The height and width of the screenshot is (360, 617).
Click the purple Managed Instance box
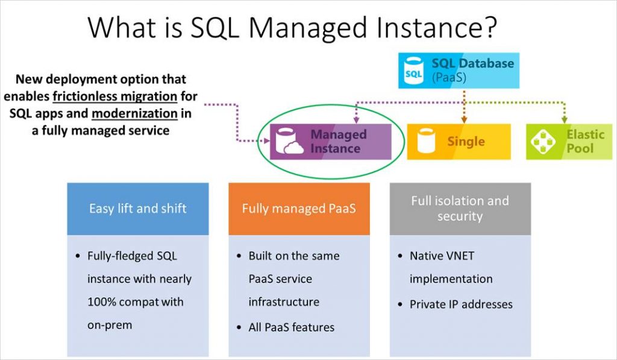coord(330,142)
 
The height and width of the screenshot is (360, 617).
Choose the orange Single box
coord(459,142)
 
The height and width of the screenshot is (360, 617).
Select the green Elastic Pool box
coord(569,142)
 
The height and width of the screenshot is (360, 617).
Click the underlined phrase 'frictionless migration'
coord(115,96)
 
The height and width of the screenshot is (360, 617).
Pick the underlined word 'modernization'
coord(134,114)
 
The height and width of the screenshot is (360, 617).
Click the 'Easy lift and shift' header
coord(138,209)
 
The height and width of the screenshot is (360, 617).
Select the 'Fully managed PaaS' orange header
coord(299,209)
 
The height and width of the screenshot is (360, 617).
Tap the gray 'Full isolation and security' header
coord(460,208)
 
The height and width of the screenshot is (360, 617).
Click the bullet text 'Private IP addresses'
coord(461,305)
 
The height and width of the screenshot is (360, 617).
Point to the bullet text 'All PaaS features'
coord(291,327)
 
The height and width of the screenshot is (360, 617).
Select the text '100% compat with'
coord(135,302)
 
